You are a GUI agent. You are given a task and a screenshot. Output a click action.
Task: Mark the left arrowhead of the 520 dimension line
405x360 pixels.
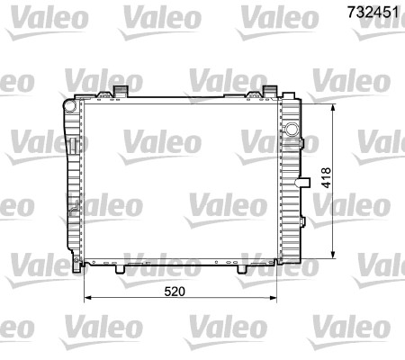click(87, 296)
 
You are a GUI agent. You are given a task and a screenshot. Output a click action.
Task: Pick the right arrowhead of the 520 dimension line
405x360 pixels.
click(274, 296)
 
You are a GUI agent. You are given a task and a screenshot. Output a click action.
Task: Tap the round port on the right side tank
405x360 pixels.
click(291, 129)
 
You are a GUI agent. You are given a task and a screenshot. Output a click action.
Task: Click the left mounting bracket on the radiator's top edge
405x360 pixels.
click(119, 91)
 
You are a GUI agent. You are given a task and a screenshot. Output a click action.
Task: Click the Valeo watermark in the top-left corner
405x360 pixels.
click(31, 14)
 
